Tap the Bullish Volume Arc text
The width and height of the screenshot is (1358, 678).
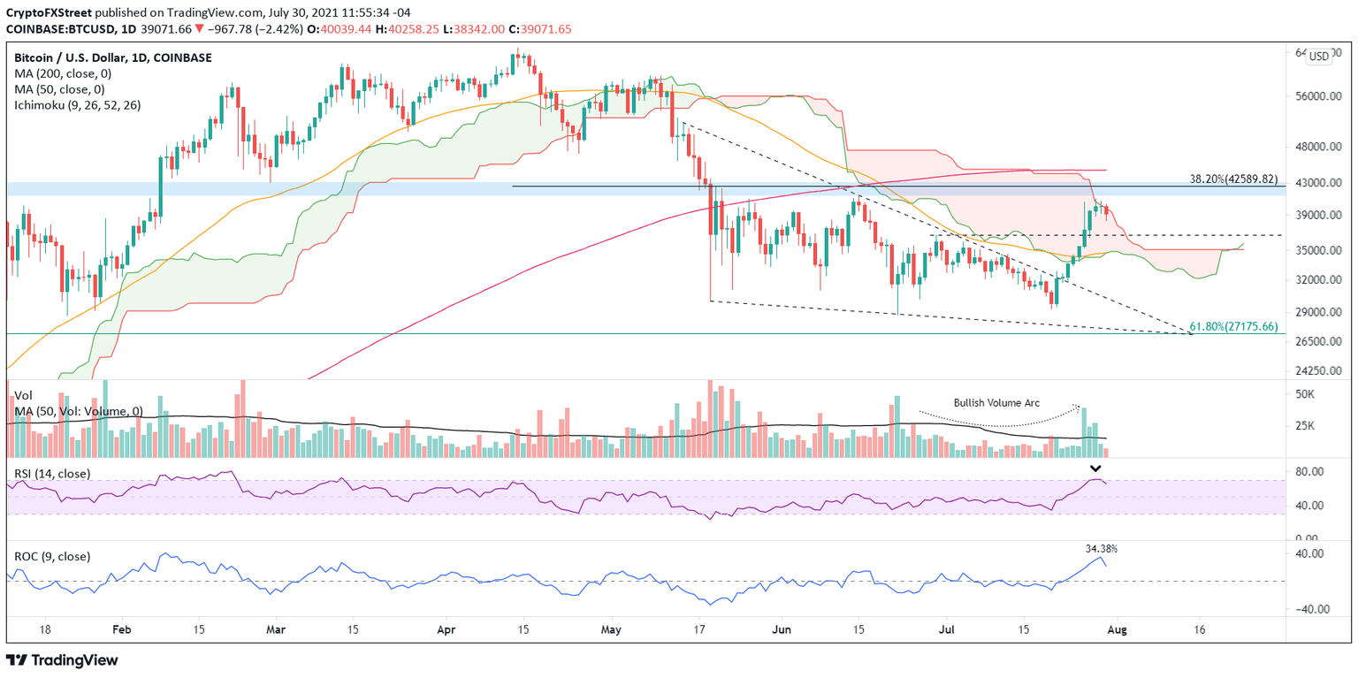[x=996, y=403]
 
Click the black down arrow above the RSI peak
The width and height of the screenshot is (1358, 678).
[x=1095, y=469]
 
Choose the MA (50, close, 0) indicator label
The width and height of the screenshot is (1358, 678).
[x=59, y=89]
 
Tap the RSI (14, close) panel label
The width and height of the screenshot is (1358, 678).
[x=52, y=474]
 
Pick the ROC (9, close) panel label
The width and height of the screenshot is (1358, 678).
[x=52, y=556]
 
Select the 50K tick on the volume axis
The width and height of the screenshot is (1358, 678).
[x=1306, y=393]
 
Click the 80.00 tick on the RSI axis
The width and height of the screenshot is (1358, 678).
[x=1310, y=472]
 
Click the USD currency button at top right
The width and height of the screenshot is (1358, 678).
[x=1318, y=56]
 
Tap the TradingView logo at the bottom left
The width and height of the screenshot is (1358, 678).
[x=62, y=660]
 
